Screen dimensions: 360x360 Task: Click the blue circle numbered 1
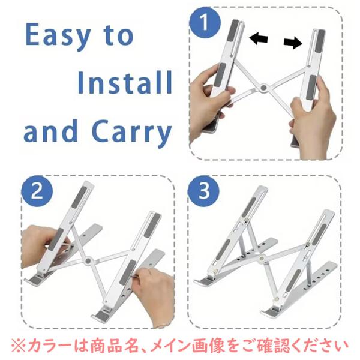tap(205, 22)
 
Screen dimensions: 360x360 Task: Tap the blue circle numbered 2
tap(37, 191)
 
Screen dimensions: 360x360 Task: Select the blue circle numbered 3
tap(203, 191)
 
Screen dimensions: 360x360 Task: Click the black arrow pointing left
tap(259, 38)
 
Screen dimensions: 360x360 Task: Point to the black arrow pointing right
tap(293, 43)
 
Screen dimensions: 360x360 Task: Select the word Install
tap(125, 82)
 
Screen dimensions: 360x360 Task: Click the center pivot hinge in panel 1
tap(264, 88)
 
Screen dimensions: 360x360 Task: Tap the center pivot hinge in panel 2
tap(88, 261)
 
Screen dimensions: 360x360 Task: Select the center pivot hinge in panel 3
tap(261, 258)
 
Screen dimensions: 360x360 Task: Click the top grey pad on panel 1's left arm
tap(233, 31)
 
